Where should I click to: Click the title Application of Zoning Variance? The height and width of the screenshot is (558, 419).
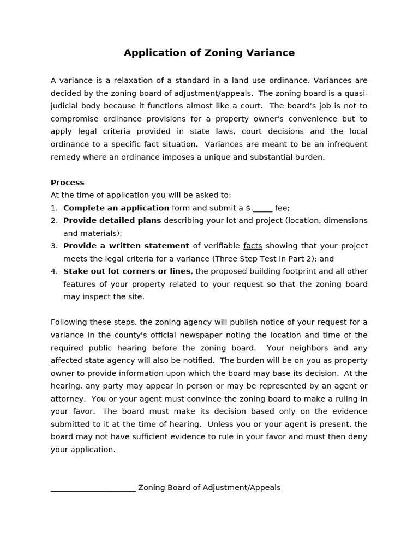pos(209,53)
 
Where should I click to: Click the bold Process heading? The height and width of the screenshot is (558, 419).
pos(68,183)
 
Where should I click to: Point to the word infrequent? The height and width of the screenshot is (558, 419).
pos(346,144)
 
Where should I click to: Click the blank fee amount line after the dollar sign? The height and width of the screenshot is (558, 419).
pos(263,208)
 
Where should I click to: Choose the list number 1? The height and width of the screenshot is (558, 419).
pos(53,208)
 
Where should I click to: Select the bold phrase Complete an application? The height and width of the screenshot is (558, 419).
pos(116,208)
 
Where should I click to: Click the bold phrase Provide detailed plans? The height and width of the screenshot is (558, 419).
pos(112,221)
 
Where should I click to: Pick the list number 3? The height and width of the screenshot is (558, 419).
pos(53,246)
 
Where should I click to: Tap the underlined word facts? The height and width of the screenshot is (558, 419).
pos(253,246)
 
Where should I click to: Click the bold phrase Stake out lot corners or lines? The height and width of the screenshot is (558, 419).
pos(127,271)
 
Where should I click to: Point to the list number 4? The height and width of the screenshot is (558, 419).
pos(53,271)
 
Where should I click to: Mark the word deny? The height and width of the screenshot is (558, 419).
pos(358,437)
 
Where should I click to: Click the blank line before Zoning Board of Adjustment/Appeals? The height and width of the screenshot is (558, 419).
pos(93,488)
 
